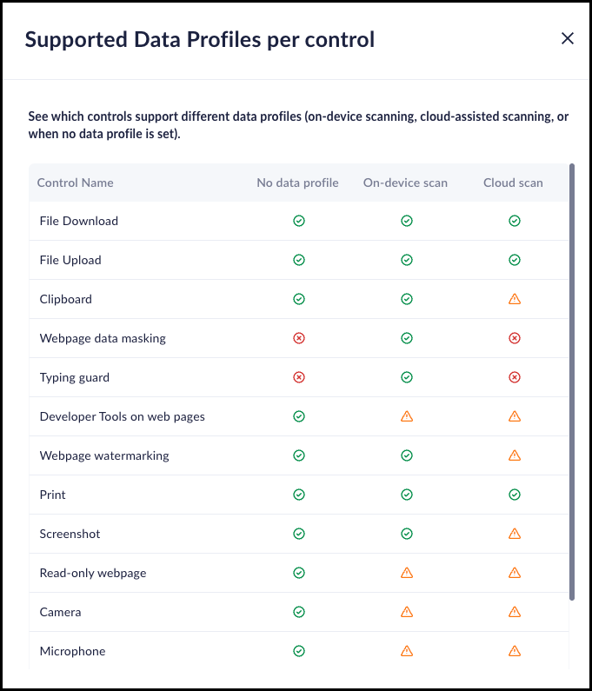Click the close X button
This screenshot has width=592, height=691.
[x=568, y=38]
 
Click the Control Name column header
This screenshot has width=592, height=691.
[x=76, y=183]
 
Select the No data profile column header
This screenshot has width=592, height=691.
[x=297, y=183]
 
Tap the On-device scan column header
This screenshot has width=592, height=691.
[x=405, y=183]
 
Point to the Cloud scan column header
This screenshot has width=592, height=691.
[x=513, y=183]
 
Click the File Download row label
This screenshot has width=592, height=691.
[x=79, y=221]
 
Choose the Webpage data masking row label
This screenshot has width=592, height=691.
[x=103, y=338]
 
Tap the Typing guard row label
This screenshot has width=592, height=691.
[x=75, y=377]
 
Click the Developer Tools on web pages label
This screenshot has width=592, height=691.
[x=123, y=416]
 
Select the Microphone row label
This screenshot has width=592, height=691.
[x=73, y=651]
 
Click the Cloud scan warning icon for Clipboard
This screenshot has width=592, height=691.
[x=514, y=299]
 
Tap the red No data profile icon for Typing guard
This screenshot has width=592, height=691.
[x=299, y=377]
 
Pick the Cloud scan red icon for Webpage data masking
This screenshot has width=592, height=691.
[x=514, y=338]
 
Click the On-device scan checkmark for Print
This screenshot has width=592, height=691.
[x=406, y=495]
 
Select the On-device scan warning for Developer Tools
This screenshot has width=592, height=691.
[x=406, y=416]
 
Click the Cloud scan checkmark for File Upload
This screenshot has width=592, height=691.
[x=514, y=260]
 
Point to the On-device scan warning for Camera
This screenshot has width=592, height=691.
[x=406, y=612]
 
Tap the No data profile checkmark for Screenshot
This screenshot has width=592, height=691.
[x=299, y=534]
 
